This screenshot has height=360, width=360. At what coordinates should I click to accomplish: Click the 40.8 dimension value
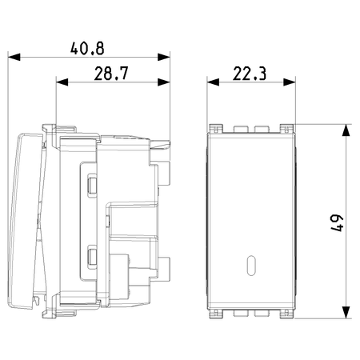click(87, 49)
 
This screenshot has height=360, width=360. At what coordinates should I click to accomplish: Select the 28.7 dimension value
click(111, 74)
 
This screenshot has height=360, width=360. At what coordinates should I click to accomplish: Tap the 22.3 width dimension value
click(250, 74)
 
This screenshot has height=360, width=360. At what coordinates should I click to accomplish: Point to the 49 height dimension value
click(337, 223)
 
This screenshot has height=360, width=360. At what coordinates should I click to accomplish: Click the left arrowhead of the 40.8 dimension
click(14, 57)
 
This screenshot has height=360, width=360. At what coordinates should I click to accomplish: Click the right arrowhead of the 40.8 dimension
click(164, 57)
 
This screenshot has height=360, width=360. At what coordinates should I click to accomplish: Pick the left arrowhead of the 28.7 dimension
click(62, 82)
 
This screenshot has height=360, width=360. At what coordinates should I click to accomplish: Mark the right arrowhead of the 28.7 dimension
click(164, 82)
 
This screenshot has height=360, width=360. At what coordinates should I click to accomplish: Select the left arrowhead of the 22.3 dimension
click(213, 82)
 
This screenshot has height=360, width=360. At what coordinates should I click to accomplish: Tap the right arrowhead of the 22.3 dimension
click(290, 82)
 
